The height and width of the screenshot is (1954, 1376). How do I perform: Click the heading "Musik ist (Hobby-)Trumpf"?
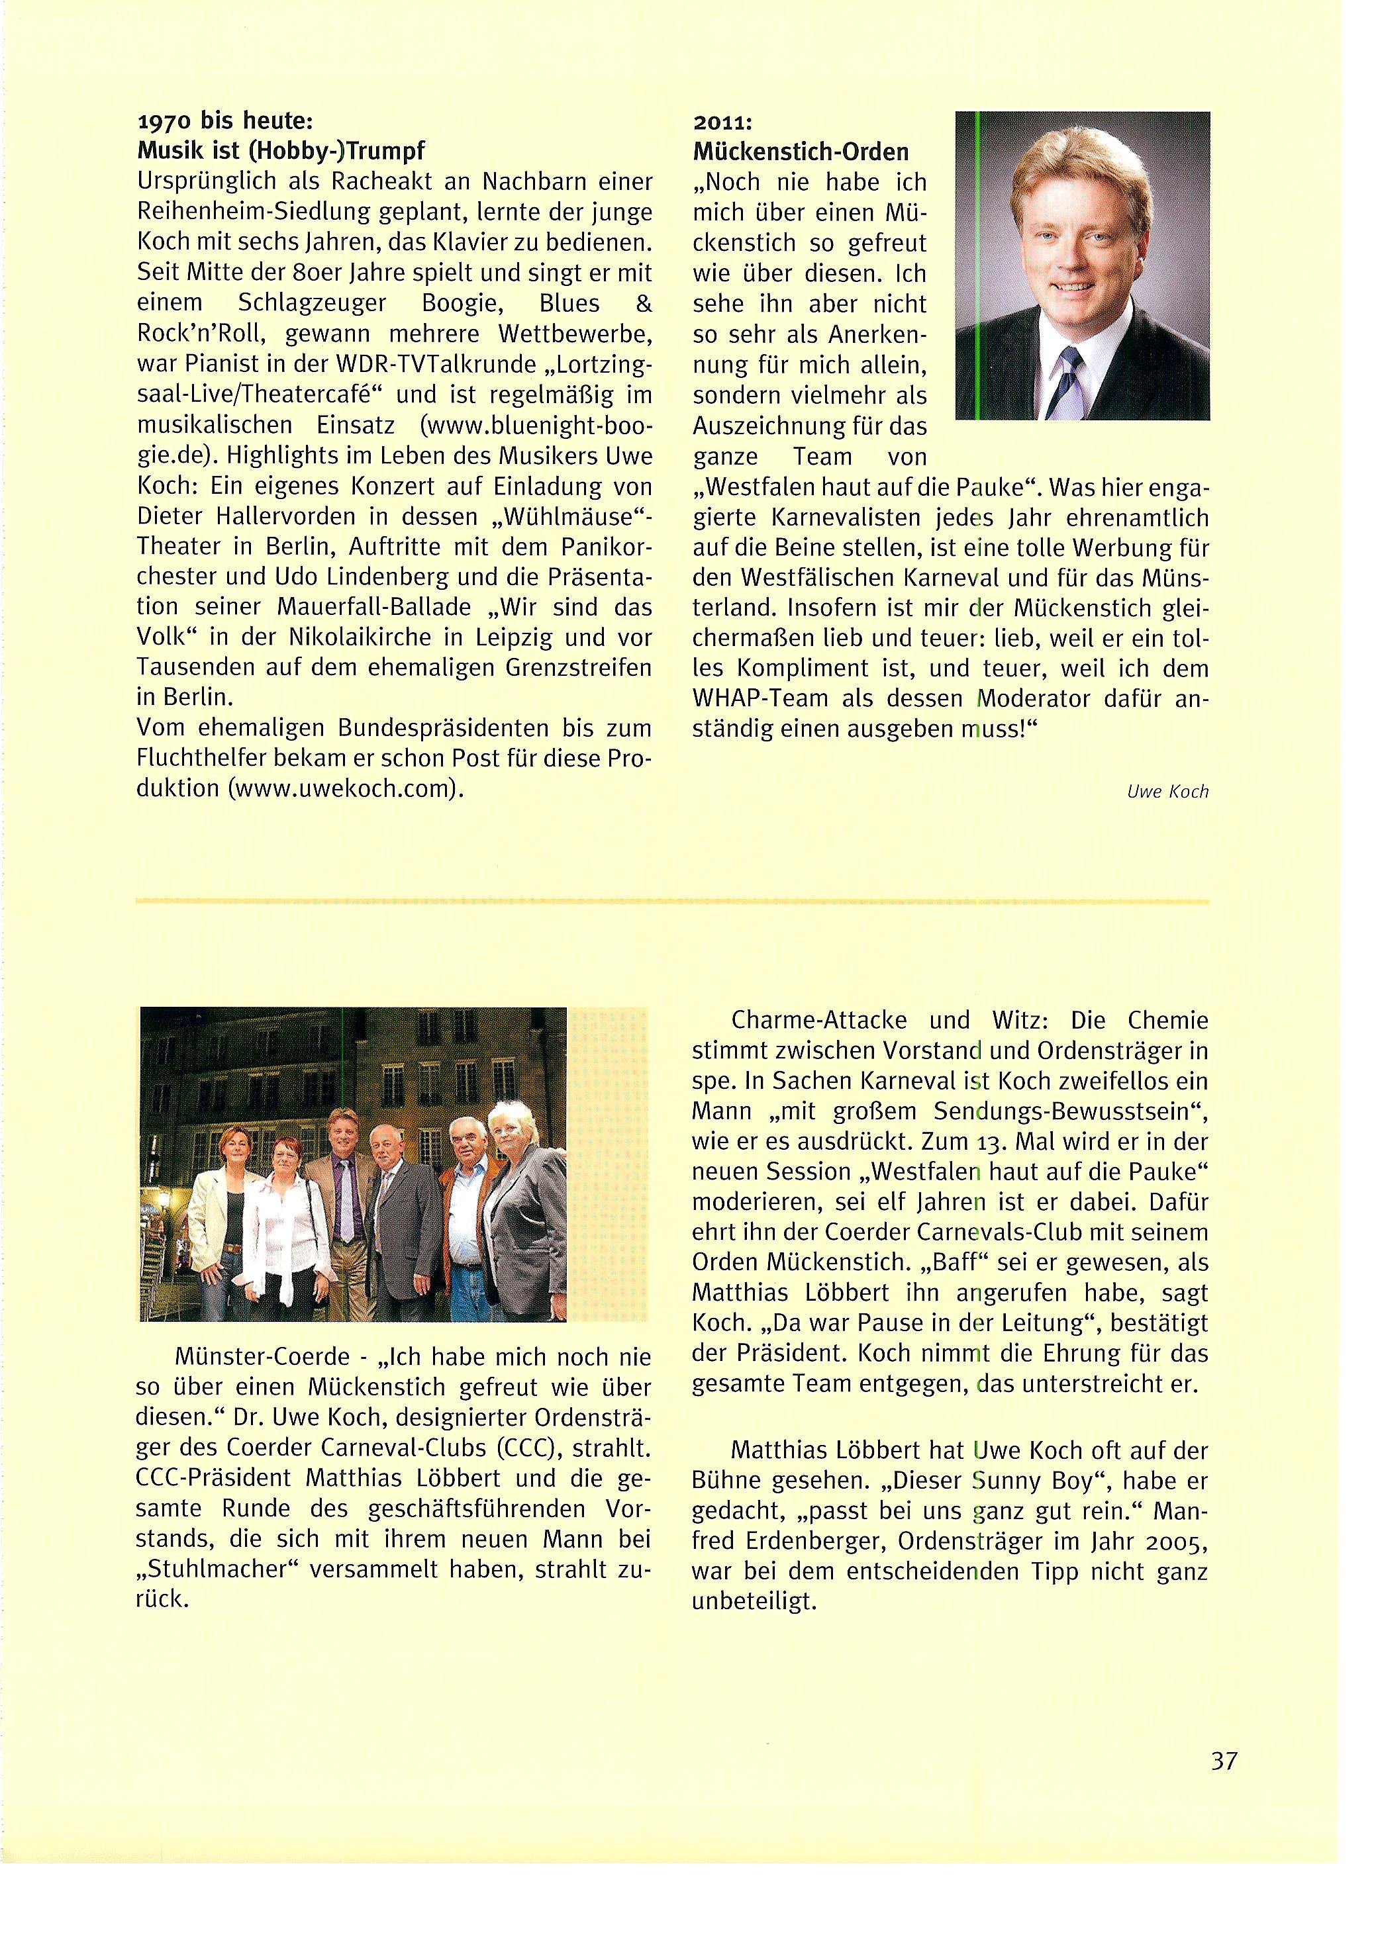click(x=280, y=152)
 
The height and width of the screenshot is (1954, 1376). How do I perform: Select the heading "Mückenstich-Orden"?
click(x=801, y=152)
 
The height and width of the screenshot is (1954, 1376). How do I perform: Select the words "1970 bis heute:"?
click(x=218, y=122)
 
